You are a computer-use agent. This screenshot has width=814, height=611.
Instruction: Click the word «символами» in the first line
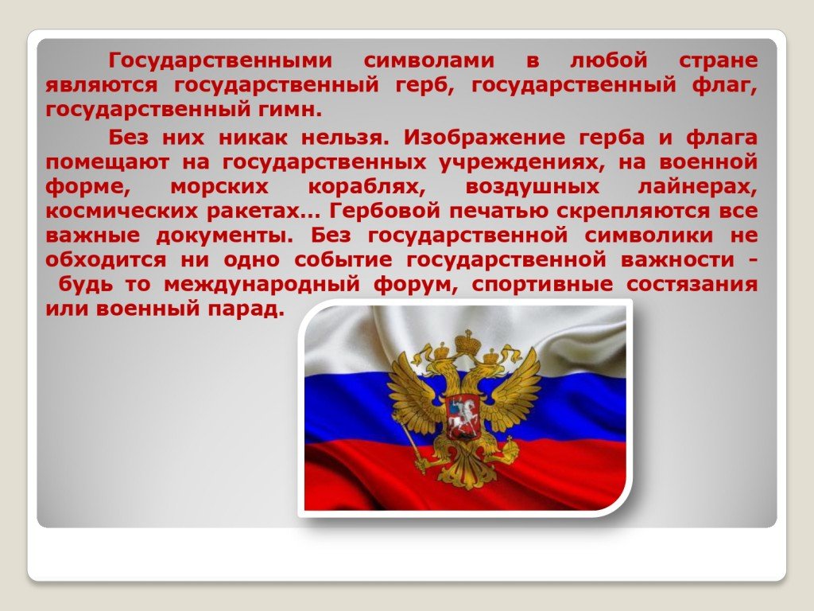click(x=428, y=60)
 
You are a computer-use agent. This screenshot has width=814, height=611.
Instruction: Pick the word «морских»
click(x=219, y=187)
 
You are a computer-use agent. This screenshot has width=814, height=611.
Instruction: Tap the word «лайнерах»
click(x=697, y=187)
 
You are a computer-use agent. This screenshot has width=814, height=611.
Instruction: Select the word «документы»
click(x=225, y=236)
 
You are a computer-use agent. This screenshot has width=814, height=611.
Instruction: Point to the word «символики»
click(x=649, y=235)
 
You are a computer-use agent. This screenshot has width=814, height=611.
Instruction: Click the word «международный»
click(x=262, y=286)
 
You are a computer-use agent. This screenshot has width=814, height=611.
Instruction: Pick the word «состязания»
click(x=692, y=286)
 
